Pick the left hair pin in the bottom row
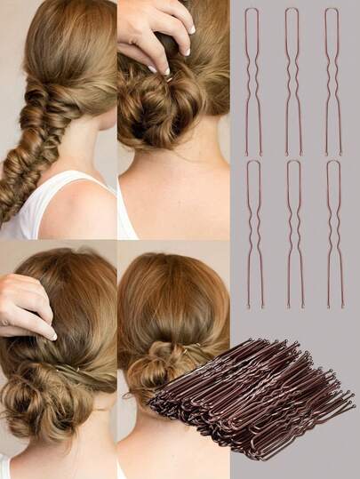point(253,233)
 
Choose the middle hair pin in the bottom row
point(292,233)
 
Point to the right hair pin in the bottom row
point(333,233)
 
